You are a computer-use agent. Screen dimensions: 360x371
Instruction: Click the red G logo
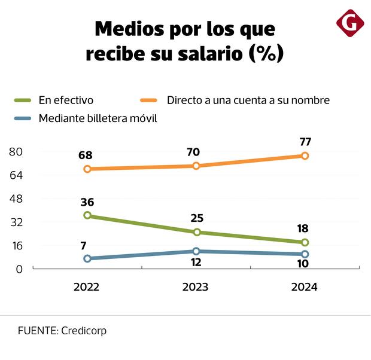350,23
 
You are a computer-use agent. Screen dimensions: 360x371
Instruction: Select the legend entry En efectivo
66,100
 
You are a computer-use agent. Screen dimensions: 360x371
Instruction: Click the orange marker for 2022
87,169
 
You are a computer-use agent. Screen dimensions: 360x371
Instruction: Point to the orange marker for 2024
305,155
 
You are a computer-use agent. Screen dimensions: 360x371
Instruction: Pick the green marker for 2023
196,232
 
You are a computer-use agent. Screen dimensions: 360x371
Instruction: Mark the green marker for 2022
87,215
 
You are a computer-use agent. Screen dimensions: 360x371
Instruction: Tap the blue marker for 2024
305,254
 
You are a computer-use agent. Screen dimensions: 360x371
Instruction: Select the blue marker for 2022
87,258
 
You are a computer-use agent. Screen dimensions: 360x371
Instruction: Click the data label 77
305,142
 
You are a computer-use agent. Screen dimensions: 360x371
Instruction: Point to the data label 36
87,202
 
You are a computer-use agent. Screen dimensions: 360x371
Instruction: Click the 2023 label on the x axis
195,287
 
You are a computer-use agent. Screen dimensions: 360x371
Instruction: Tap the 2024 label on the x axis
304,287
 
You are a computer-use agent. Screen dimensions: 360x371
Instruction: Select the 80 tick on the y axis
16,152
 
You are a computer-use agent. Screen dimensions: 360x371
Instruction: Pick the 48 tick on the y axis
16,199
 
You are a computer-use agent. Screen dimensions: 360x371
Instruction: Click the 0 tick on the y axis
19,269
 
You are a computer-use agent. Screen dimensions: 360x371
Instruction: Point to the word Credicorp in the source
84,331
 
